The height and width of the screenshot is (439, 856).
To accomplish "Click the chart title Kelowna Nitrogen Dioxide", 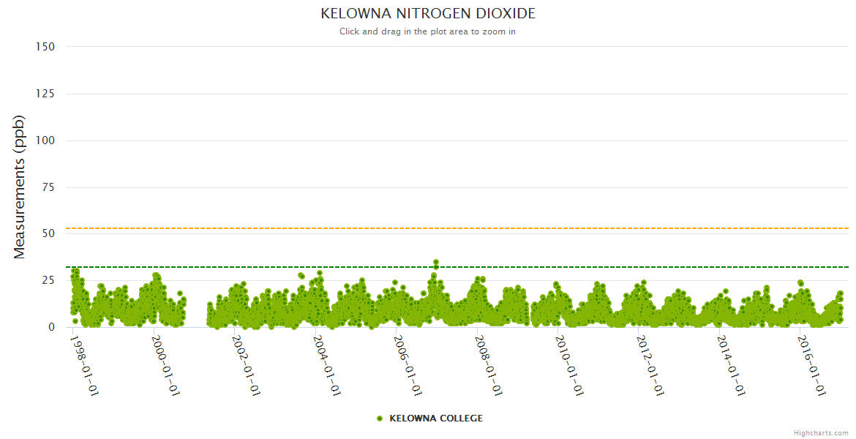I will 428,14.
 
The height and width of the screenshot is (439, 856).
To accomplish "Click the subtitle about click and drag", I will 428,31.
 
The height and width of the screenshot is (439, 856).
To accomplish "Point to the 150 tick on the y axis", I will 45,46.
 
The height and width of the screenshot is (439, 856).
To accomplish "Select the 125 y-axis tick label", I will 45,94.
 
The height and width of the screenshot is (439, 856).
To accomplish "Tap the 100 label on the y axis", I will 45,140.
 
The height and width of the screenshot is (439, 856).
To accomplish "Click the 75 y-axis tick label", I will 48,187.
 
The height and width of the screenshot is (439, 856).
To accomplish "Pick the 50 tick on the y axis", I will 48,234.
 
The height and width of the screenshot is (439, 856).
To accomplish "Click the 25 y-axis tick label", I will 48,281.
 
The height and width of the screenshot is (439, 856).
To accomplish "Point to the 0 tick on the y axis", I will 51,327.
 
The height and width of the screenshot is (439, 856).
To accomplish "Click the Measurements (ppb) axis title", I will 20,187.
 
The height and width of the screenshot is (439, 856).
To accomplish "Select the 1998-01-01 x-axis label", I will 84,365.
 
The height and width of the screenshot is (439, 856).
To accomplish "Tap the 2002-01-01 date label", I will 246,365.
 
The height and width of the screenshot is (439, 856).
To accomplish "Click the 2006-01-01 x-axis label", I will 408,365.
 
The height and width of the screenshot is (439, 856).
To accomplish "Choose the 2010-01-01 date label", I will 569,365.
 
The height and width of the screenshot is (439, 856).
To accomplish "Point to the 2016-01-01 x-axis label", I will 811,365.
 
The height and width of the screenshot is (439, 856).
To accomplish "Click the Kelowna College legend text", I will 436,419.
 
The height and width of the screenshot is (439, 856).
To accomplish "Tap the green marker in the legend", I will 380,419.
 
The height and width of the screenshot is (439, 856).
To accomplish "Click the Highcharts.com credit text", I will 821,433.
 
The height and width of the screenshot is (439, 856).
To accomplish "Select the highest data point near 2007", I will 436,262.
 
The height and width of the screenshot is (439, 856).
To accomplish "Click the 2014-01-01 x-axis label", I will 731,365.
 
